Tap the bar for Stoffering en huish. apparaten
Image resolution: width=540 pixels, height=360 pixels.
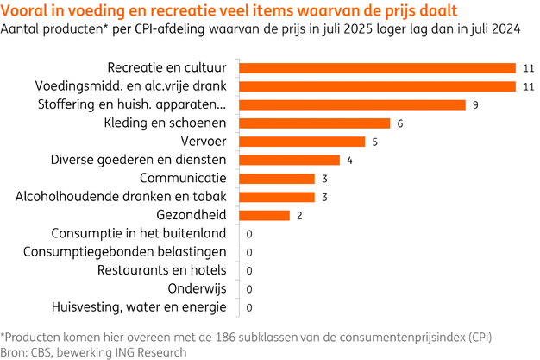point(351,104)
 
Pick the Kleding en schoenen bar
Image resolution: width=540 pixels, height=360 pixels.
point(313,123)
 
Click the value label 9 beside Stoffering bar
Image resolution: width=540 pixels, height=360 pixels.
point(474,104)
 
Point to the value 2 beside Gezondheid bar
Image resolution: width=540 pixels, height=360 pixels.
point(298,215)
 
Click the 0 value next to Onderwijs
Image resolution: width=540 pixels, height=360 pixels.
point(248,289)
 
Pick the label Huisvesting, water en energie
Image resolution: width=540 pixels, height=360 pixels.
point(139,307)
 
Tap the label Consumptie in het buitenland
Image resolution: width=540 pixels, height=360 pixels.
point(139,233)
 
